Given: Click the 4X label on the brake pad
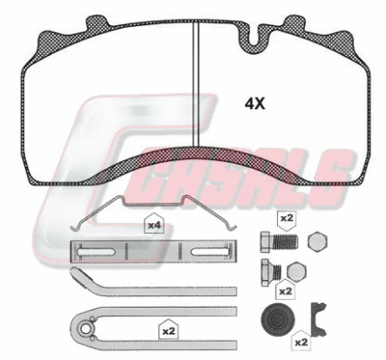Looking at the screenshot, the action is tap(255, 103).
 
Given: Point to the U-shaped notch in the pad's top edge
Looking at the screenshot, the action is tap(254, 39).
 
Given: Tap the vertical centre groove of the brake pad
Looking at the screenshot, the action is tap(195, 84).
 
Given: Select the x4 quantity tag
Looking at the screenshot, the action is tap(154, 224).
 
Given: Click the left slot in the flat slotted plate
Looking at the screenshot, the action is tap(95, 252).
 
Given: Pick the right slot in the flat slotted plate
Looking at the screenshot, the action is tap(211, 252).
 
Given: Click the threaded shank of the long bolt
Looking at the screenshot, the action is tap(286, 241).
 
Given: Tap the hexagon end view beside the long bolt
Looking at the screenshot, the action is tap(318, 241).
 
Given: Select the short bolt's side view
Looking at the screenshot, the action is tap(271, 272).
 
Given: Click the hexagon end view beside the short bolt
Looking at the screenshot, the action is tap(297, 271).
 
